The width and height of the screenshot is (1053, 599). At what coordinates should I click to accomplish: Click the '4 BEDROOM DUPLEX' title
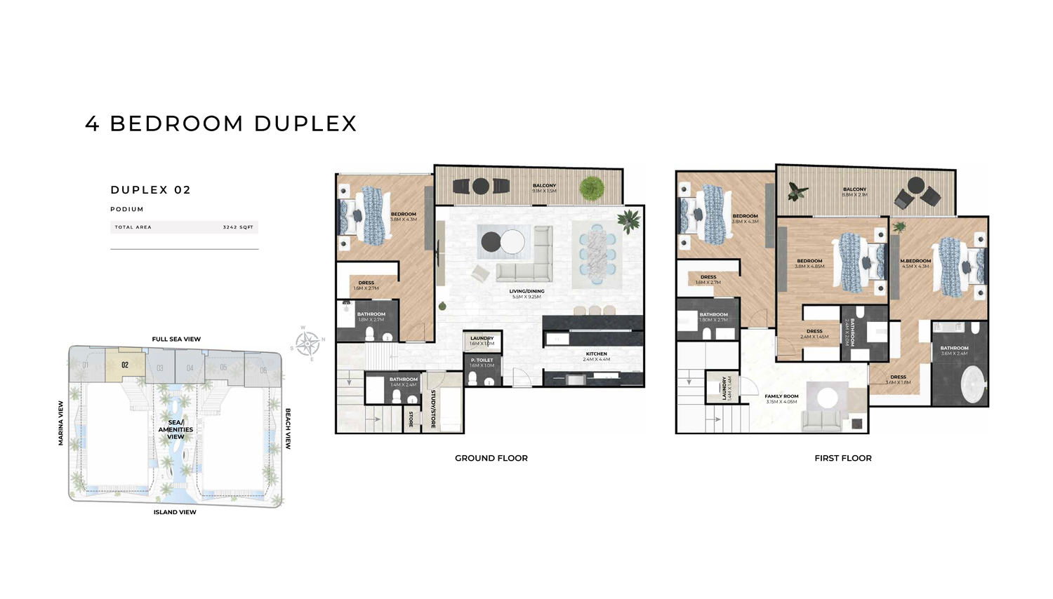tap(221, 123)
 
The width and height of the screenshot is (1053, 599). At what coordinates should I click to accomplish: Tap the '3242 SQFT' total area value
tap(238, 227)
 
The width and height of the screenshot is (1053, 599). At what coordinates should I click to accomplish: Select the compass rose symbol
tap(307, 343)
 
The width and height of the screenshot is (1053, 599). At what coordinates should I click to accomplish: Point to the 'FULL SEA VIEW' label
tap(176, 339)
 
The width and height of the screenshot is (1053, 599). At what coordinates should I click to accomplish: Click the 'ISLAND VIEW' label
tap(175, 512)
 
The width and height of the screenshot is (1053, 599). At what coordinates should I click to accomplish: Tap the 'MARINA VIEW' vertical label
tap(61, 423)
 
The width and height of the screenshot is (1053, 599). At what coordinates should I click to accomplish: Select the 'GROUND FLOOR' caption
tap(491, 458)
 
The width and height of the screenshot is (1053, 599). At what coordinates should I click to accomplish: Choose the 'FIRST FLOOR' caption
tap(842, 458)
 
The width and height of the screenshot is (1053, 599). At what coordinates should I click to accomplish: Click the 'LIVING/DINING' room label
tap(526, 291)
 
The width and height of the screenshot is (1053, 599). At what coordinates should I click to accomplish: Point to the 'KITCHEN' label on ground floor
tap(596, 354)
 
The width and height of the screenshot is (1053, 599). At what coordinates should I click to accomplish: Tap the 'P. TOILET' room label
tap(482, 360)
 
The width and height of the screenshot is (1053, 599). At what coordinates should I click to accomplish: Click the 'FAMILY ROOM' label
tap(781, 396)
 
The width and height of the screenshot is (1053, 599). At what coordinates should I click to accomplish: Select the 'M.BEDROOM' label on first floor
tap(915, 261)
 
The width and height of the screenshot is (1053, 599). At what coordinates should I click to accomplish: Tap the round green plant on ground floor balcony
tap(591, 187)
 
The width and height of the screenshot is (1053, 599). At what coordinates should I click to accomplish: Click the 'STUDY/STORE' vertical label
tap(433, 409)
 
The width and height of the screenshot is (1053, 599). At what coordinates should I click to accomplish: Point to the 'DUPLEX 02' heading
tap(150, 190)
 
